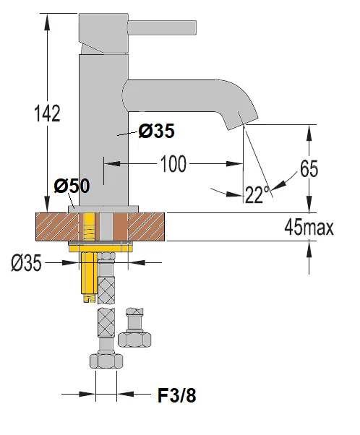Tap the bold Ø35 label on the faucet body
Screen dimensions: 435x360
click(155, 132)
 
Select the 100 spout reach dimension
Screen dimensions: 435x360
click(173, 164)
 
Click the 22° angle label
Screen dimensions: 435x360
click(255, 194)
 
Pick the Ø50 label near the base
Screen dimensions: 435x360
click(72, 186)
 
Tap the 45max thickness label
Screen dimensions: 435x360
click(309, 228)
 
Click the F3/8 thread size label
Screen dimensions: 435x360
click(176, 395)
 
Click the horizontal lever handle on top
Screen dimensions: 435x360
click(162, 27)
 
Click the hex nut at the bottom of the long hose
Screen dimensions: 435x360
click(106, 361)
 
